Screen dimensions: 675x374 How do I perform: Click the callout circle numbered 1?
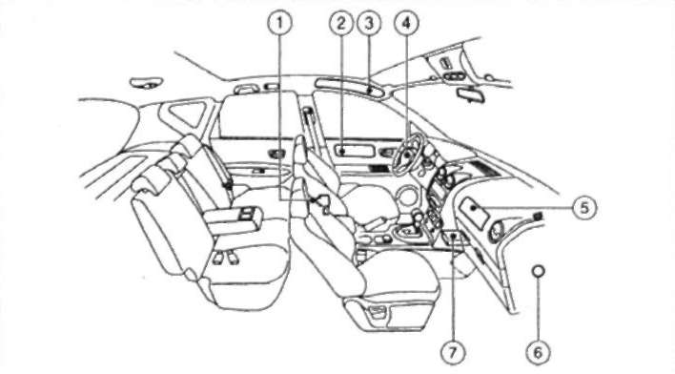tap(279, 23)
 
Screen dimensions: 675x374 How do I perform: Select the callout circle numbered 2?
tap(341, 23)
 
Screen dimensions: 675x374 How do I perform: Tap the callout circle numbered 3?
tap(369, 23)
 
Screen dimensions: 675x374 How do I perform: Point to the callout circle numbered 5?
tap(584, 208)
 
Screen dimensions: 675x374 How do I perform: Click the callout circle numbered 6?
tap(538, 353)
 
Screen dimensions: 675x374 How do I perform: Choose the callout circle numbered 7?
tap(453, 353)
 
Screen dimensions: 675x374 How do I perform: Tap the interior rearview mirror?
tap(471, 94)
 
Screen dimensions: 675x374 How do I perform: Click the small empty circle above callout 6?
tap(538, 271)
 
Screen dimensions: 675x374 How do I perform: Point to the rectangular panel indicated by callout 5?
tap(474, 208)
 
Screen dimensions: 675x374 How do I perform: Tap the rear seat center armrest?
tap(234, 218)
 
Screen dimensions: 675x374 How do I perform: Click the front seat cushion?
tap(396, 276)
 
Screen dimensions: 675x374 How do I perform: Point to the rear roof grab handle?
tap(148, 82)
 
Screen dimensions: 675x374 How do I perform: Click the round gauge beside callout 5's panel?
tap(496, 231)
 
